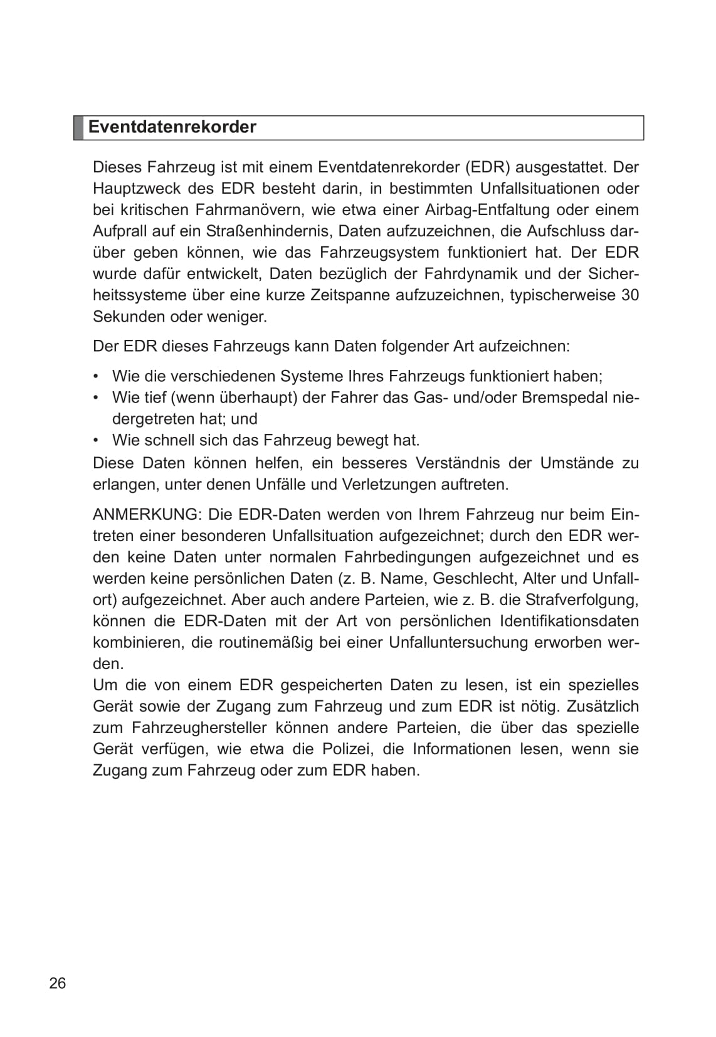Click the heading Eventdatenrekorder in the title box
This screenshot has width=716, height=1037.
click(x=172, y=127)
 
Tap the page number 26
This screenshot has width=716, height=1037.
click(x=57, y=983)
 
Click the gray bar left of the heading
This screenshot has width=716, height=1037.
click(x=78, y=127)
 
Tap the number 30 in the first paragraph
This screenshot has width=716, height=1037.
click(x=629, y=295)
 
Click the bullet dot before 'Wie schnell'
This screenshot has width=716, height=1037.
click(x=96, y=440)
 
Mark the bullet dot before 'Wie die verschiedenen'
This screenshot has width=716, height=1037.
click(x=96, y=376)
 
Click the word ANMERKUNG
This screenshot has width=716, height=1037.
click(x=145, y=515)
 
